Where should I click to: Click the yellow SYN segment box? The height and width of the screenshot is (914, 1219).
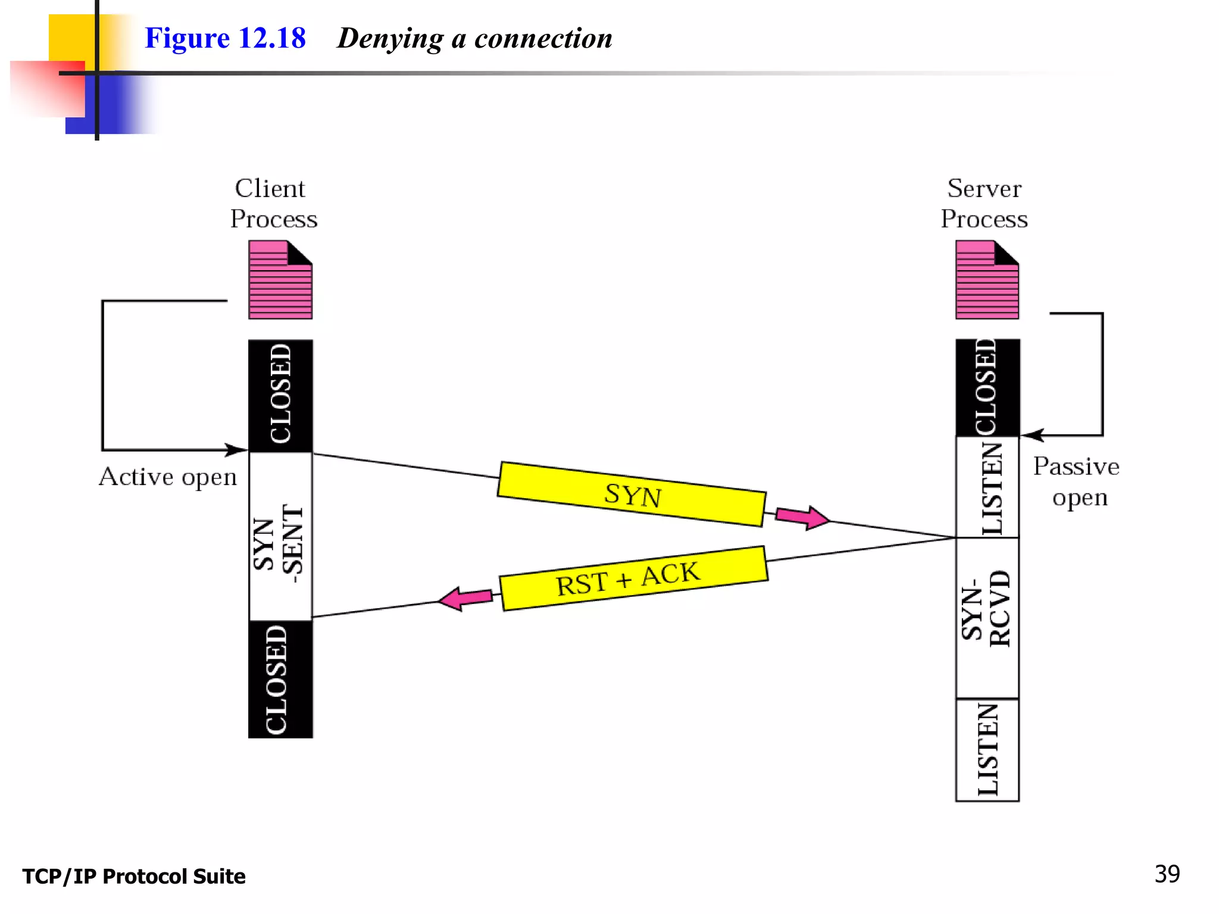point(632,494)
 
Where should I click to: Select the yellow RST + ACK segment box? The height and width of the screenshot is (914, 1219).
point(633,578)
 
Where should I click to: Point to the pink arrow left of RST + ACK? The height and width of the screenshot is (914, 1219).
point(465,598)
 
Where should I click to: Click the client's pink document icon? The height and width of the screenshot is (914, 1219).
point(280,280)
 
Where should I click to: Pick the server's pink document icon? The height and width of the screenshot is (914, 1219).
point(987,280)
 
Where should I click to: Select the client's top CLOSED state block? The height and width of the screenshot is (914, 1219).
point(280,395)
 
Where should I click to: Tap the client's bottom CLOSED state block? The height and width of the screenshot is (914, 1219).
point(280,680)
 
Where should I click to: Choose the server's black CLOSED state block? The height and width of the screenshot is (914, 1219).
point(987,387)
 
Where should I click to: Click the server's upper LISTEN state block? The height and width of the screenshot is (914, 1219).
point(987,487)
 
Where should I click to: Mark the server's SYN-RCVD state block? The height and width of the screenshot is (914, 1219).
point(987,618)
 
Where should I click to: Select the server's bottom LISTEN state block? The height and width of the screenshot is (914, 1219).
point(987,750)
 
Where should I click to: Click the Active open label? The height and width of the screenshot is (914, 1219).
point(168,477)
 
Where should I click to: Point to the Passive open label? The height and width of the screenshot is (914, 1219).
point(1077,481)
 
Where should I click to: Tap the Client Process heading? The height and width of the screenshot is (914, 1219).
point(273,204)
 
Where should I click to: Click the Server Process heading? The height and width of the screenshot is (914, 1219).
point(984,204)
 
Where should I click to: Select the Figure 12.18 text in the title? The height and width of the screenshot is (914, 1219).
point(225,38)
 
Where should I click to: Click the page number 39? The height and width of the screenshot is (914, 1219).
point(1167,874)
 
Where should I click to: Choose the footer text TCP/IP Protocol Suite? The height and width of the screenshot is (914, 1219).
point(134,877)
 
